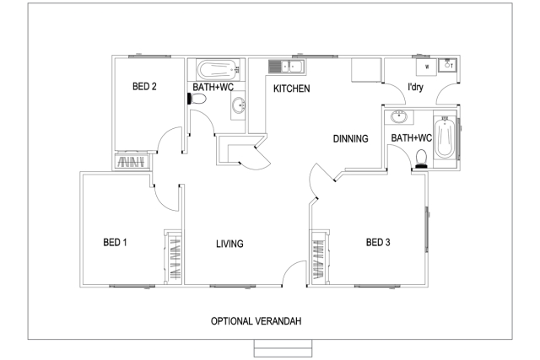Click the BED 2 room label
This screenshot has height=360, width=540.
click(x=144, y=86)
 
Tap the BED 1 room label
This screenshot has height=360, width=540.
click(x=115, y=242)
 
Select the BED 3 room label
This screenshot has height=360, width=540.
click(x=378, y=242)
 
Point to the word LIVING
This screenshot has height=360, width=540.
click(x=229, y=244)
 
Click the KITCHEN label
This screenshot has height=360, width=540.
click(x=292, y=89)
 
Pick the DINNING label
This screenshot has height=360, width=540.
click(x=351, y=139)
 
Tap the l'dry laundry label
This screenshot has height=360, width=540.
click(x=415, y=87)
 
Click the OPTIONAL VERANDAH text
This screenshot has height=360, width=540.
click(x=256, y=321)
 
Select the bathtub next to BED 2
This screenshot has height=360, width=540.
click(x=218, y=70)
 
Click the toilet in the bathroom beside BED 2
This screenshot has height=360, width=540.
click(x=197, y=99)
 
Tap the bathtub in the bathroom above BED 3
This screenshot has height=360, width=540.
click(x=445, y=137)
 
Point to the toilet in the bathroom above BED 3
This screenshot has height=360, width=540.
click(x=421, y=159)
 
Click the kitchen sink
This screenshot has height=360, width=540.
click(x=287, y=67)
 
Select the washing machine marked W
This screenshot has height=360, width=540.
click(x=427, y=67)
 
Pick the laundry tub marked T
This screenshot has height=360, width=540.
click(x=448, y=65)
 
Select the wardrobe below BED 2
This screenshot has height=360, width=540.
click(x=132, y=162)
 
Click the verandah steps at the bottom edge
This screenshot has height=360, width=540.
click(x=283, y=348)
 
